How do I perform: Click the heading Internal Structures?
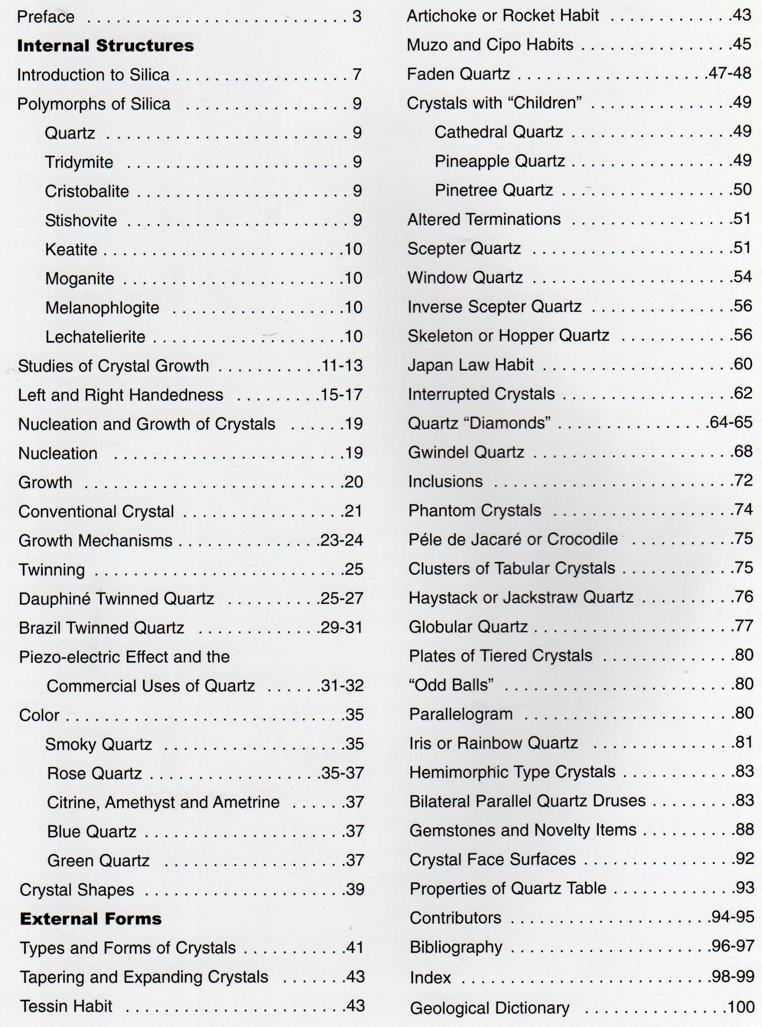pos(105,46)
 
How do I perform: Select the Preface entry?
pos(46,17)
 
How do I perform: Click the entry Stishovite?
pos(81,221)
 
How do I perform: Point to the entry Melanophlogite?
pos(102,308)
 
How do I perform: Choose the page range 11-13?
pos(342,366)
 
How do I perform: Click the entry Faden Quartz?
pos(458,74)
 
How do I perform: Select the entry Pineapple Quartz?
pos(500,161)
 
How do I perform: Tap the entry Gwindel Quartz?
pos(466,452)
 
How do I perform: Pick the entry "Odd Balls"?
pos(451,685)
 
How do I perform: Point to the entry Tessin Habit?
pos(66,1006)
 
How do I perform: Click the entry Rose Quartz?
pos(94,773)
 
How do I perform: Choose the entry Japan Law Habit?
pos(471,365)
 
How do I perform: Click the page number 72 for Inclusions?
pos(743,481)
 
